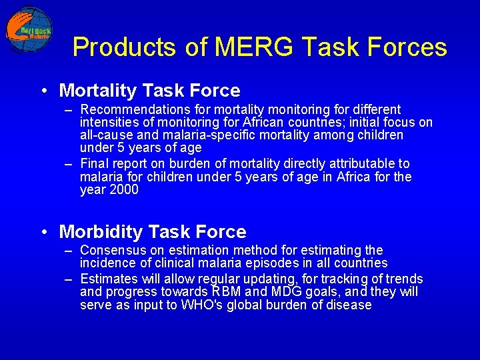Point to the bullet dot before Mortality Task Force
[x=43, y=91]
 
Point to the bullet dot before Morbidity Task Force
[x=43, y=233]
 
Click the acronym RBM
[x=227, y=292]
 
